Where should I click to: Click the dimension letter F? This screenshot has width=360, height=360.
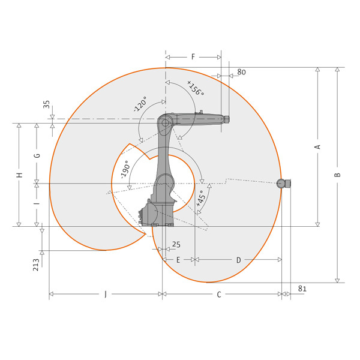tap(193, 57)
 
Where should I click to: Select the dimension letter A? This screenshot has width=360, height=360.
tap(317, 147)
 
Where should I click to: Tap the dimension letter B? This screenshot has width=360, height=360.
tap(337, 175)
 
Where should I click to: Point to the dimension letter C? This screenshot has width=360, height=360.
tap(219, 295)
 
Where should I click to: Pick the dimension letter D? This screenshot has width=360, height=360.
tap(239, 260)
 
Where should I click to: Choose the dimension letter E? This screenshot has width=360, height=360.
tap(178, 260)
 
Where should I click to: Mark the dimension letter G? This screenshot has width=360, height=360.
tap(37, 155)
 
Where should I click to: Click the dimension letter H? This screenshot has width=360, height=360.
tap(20, 175)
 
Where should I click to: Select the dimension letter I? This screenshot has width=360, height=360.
tap(37, 203)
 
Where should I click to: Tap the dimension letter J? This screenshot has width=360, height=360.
tap(106, 294)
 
